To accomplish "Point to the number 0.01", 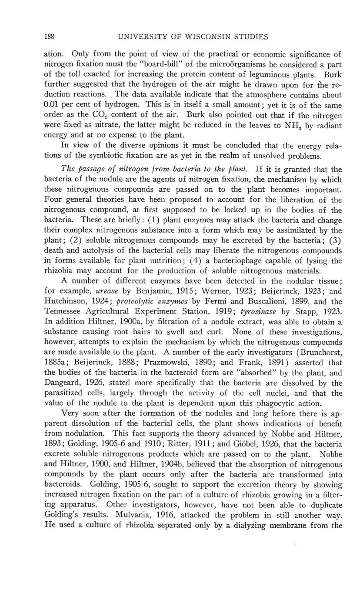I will point(53,105).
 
